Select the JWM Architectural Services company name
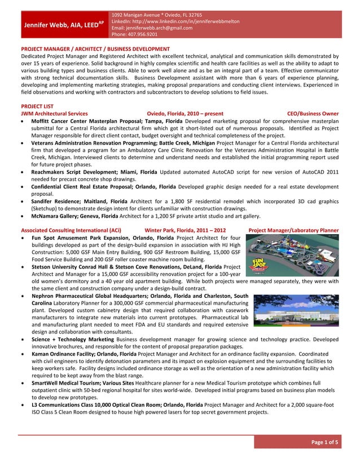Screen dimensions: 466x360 [x=54, y=113]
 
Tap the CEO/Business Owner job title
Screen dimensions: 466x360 [x=313, y=113]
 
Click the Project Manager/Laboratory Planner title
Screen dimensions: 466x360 [x=293, y=231]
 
